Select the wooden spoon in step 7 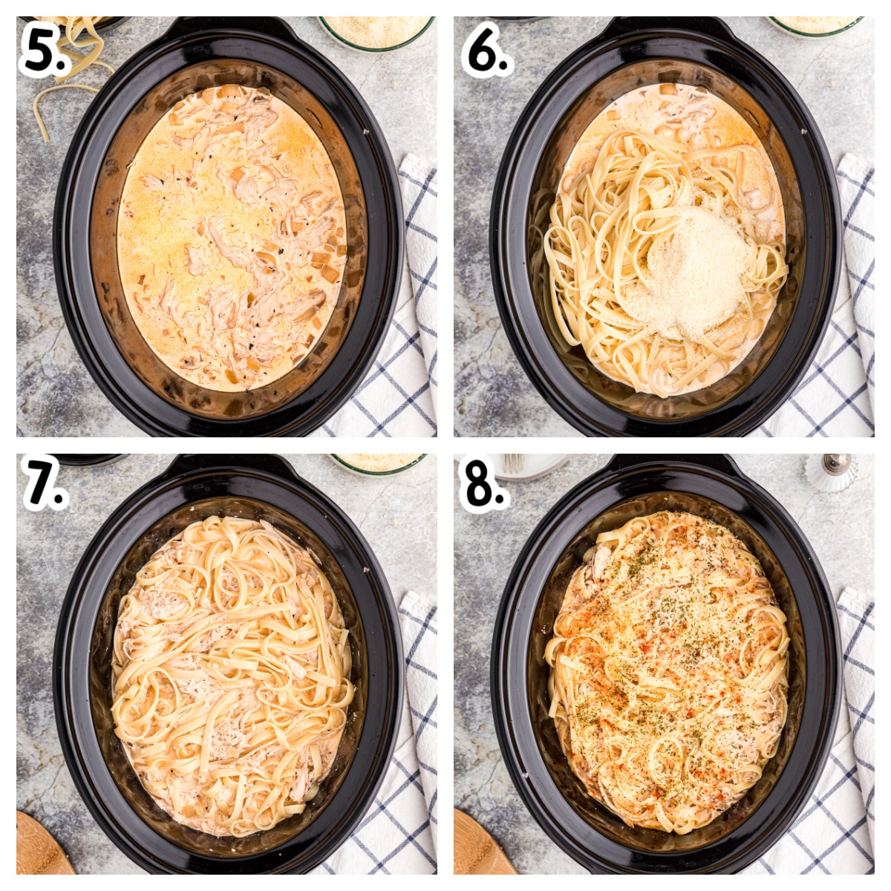(41, 846)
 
